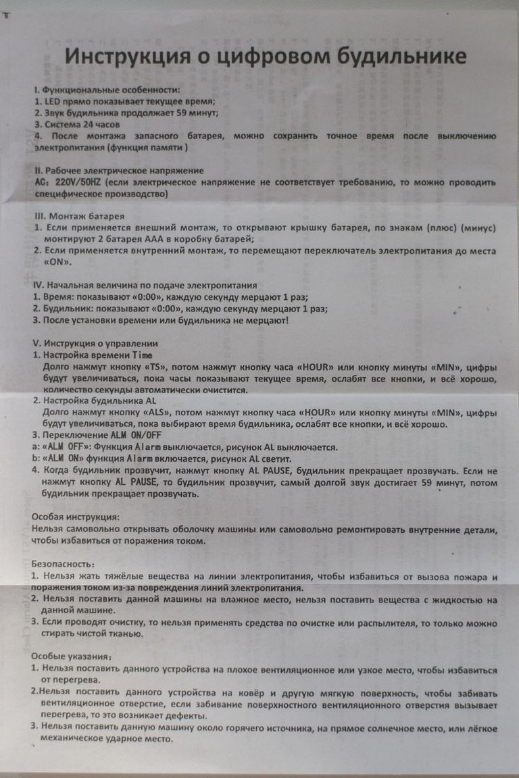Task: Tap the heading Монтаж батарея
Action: [87, 216]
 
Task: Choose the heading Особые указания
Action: [72, 656]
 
